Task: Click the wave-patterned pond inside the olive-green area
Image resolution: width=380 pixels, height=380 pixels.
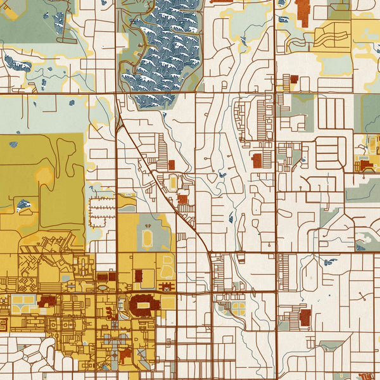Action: (23, 205)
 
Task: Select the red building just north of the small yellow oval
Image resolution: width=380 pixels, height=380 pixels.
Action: (171, 165)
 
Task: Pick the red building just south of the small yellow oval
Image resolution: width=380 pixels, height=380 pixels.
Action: (182, 199)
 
